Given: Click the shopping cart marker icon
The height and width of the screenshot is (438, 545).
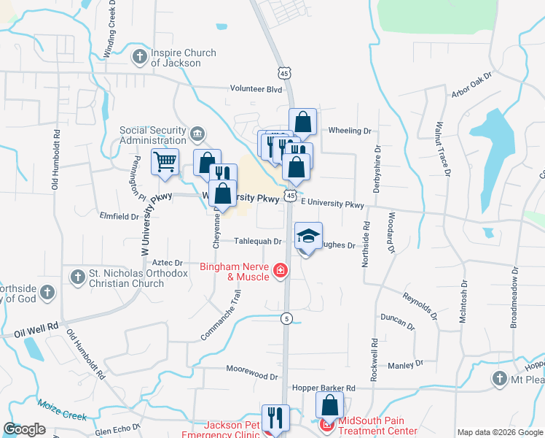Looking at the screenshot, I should [165, 161].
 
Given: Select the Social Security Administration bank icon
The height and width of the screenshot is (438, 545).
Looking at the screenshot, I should [197, 134].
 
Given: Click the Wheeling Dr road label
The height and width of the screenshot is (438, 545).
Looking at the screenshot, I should [350, 131].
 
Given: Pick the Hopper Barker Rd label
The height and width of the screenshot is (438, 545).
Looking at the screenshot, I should [323, 388].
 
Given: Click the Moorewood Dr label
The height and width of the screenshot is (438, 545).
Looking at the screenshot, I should [253, 376].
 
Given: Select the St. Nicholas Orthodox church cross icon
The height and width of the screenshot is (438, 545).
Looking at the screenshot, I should [78, 277].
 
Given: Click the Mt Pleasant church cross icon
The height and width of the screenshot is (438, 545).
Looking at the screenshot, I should [499, 378].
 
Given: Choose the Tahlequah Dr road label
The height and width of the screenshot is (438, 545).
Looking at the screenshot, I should [257, 241].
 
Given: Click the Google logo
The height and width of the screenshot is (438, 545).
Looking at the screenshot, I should [25, 429].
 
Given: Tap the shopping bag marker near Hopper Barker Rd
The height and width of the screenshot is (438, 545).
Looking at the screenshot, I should [329, 405].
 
